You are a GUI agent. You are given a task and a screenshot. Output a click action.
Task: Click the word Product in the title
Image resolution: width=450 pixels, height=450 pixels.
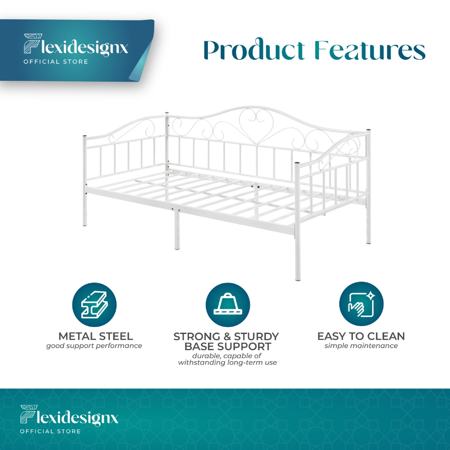pyautogui.click(x=254, y=50)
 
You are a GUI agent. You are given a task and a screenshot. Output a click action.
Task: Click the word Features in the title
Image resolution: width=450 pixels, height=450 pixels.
pyautogui.click(x=370, y=50)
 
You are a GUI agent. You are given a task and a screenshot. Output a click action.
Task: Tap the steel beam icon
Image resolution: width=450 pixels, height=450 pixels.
pyautogui.click(x=94, y=305)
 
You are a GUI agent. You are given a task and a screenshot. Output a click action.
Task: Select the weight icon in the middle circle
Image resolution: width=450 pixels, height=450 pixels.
pyautogui.click(x=228, y=304)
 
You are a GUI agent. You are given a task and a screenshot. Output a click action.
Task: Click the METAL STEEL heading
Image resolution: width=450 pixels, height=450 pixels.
pyautogui.click(x=95, y=336)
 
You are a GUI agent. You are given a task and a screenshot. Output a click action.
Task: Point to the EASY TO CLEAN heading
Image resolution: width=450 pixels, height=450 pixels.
pyautogui.click(x=361, y=336)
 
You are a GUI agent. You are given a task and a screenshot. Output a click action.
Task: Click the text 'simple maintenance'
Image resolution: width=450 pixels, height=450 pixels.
pyautogui.click(x=361, y=345)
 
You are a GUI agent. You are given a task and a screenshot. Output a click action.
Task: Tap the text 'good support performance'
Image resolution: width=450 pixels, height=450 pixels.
pyautogui.click(x=94, y=346)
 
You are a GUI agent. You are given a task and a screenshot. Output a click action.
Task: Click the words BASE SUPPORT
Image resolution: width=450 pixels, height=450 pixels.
pyautogui.click(x=228, y=346)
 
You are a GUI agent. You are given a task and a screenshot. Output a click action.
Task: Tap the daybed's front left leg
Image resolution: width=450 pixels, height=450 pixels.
pyautogui.click(x=85, y=181)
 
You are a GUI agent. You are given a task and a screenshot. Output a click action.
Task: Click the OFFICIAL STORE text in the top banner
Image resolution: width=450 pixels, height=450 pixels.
pyautogui.click(x=56, y=62)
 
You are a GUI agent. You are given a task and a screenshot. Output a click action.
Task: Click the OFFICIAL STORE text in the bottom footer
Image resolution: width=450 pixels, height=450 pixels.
pyautogui.click(x=50, y=431)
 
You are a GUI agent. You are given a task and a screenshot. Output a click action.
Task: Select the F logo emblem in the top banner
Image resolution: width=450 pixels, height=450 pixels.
pyautogui.click(x=33, y=44)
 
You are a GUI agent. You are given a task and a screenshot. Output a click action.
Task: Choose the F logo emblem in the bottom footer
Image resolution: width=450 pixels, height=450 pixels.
pyautogui.click(x=29, y=414)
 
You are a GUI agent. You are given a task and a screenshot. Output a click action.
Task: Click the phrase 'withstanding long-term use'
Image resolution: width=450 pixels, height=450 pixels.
pyautogui.click(x=228, y=363)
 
